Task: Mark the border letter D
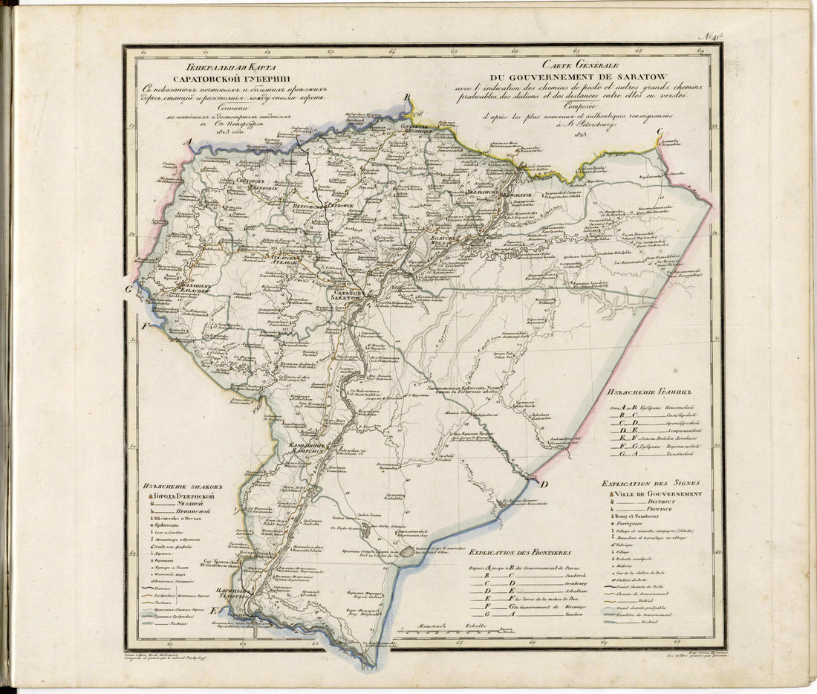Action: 543,485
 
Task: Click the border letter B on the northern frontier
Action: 407,98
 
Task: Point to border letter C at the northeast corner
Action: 659,133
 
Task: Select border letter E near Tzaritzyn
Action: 215,610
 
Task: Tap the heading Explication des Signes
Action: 651,483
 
